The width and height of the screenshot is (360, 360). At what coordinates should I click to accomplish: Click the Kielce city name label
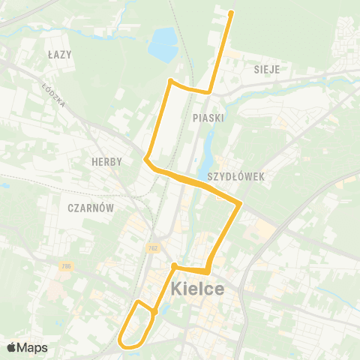[x=197, y=289]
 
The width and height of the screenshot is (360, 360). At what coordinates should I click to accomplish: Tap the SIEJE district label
[x=266, y=69]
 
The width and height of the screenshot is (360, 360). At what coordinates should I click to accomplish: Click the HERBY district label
[x=106, y=162]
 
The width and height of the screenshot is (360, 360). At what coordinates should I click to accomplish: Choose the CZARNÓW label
[x=89, y=206]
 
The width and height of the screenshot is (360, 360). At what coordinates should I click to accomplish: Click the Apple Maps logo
[x=26, y=347]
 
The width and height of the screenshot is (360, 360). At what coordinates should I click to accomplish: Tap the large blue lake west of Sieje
[x=163, y=46]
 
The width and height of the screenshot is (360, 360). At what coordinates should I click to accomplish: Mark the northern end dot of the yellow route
[x=231, y=13]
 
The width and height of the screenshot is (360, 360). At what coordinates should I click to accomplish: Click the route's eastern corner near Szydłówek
[x=240, y=203]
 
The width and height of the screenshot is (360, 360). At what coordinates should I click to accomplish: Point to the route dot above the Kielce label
[x=174, y=265]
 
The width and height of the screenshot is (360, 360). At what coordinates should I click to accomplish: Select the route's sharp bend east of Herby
[x=146, y=159]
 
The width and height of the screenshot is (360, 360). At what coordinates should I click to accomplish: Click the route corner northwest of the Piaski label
[x=171, y=81]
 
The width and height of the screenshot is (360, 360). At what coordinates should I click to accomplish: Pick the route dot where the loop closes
[x=154, y=311]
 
